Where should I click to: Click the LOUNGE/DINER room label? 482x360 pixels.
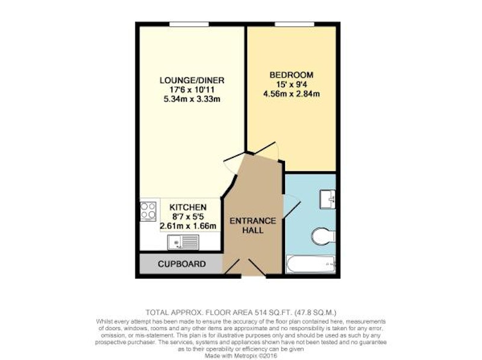pos(192,80)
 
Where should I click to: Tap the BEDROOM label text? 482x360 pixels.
pos(292,75)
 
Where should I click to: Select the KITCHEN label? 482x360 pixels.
pos(188,207)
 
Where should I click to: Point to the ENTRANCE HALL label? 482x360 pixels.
pos(252,226)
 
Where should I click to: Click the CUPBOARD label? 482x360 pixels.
pos(182,264)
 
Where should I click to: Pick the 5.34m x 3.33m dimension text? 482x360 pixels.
pos(192,99)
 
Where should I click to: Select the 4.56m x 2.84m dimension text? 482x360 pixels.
pos(292,93)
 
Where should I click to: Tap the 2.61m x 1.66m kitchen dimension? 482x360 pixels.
pos(188,226)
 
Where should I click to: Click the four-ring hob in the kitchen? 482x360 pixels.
pos(148,211)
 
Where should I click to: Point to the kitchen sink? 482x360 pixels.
pos(183,242)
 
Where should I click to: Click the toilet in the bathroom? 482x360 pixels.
pos(324,236)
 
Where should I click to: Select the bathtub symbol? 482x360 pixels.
pos(311,264)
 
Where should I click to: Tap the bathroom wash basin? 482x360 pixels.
pos(328,200)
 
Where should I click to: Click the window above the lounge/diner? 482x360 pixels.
pos(189,24)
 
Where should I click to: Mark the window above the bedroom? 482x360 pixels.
pos(295,24)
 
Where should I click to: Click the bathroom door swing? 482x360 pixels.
pos(292,206)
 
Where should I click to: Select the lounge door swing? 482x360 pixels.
pos(231,165)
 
